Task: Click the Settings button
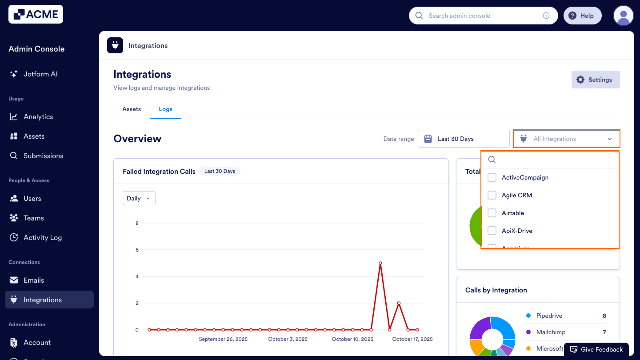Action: pos(595,80)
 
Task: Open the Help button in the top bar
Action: pos(582,16)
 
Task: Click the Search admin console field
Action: pos(482,16)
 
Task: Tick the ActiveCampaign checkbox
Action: pos(492,177)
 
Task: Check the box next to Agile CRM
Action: pos(492,195)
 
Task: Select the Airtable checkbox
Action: pos(492,213)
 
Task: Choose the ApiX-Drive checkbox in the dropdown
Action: pos(492,231)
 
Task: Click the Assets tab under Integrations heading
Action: pos(132,109)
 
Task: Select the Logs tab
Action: pos(165,109)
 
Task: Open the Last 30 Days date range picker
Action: pos(464,139)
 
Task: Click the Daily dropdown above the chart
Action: pos(139,198)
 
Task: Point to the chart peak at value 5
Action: pos(380,263)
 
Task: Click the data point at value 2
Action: pos(399,303)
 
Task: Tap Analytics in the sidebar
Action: pos(38,116)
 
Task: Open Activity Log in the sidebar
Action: pos(43,237)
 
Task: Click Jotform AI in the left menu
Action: pos(40,74)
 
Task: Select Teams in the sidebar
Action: pos(34,218)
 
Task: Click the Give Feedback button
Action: pos(596,349)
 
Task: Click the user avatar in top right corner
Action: pos(623,16)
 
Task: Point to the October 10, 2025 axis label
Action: pos(352,339)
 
